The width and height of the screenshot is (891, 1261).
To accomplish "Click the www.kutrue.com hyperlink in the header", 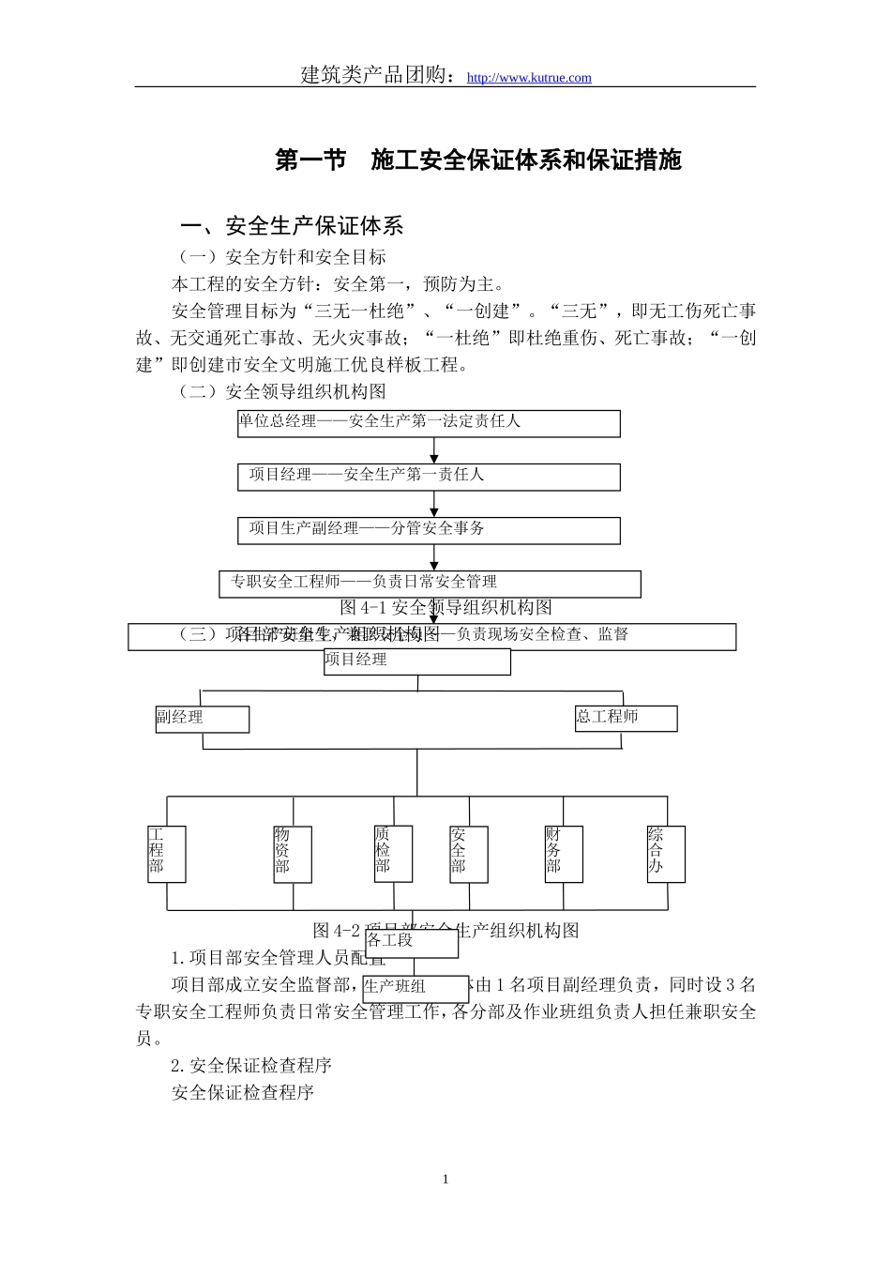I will (529, 78).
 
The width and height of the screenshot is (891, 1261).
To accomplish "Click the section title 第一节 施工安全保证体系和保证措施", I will (478, 160).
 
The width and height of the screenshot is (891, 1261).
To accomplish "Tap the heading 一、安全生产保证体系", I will (293, 226).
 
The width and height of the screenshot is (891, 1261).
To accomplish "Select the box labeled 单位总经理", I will (429, 423).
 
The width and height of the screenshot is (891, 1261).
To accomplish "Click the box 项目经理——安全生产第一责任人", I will (429, 477).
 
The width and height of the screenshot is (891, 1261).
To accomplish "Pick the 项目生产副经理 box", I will (429, 530).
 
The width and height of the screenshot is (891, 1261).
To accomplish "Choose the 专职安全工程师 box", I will (430, 584).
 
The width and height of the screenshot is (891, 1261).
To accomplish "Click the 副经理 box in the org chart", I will (203, 719).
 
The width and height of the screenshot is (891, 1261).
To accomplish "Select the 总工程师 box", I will (626, 719).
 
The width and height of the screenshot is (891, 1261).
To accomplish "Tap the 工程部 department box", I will (167, 854).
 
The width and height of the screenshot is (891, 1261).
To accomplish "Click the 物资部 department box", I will (292, 854).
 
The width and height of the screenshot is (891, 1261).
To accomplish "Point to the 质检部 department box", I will (393, 853).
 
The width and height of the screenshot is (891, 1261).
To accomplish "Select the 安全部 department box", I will (468, 854).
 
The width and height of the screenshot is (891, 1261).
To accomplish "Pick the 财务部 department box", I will (564, 854).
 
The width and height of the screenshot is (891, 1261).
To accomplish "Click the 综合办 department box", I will (666, 854).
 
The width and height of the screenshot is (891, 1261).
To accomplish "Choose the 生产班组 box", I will (415, 988).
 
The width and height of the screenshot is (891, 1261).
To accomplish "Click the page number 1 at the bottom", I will (445, 1179).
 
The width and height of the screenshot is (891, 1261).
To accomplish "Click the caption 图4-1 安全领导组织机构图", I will (446, 607).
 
